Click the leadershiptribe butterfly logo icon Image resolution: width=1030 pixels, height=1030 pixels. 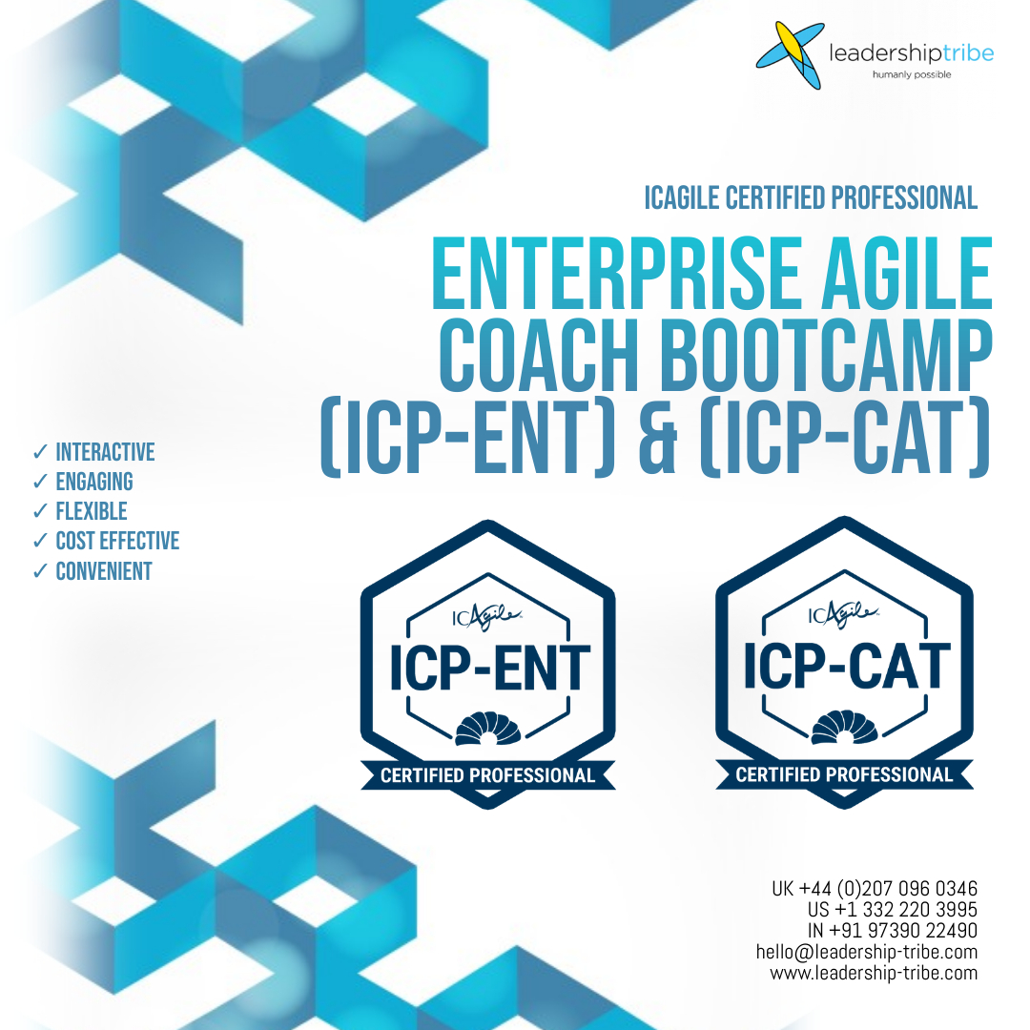coord(791,55)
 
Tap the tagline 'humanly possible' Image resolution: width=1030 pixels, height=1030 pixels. coord(911,75)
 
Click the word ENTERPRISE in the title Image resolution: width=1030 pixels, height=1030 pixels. coord(616,274)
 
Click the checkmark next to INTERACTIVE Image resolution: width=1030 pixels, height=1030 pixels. coord(40,451)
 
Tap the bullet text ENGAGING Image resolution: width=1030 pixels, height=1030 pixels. coord(94,482)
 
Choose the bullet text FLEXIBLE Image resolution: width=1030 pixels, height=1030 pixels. coord(92,511)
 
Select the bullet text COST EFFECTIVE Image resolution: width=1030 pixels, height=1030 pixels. coord(117,541)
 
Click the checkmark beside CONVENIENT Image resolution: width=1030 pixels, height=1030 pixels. coord(40,571)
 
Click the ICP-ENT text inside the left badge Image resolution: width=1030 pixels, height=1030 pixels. coord(489,668)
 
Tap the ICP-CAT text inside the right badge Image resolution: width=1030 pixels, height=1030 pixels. coord(847,666)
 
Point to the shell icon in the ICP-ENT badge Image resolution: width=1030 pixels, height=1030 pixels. coord(488,730)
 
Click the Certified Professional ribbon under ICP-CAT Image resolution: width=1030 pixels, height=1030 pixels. coord(844,775)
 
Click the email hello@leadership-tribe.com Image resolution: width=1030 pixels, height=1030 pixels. coord(866,952)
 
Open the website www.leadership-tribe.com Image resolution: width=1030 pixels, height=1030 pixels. coord(874,973)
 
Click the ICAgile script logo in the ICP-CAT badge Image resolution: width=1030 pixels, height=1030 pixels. coord(843,614)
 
